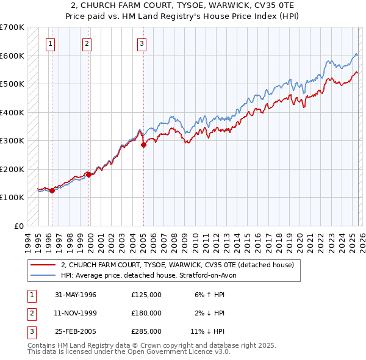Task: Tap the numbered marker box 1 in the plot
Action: pyautogui.click(x=49, y=43)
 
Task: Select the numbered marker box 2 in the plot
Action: pyautogui.click(x=87, y=43)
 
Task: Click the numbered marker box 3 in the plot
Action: pyautogui.click(x=142, y=43)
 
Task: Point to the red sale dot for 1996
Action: pyautogui.click(x=52, y=190)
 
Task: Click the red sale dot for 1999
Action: pyautogui.click(x=90, y=175)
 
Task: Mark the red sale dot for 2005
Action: pyautogui.click(x=144, y=145)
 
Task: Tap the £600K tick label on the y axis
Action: pyautogui.click(x=12, y=56)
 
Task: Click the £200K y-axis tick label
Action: pyautogui.click(x=12, y=169)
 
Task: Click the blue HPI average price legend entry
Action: pyautogui.click(x=152, y=275)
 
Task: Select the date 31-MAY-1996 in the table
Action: pyautogui.click(x=76, y=295)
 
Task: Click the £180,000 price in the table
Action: pyautogui.click(x=146, y=313)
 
